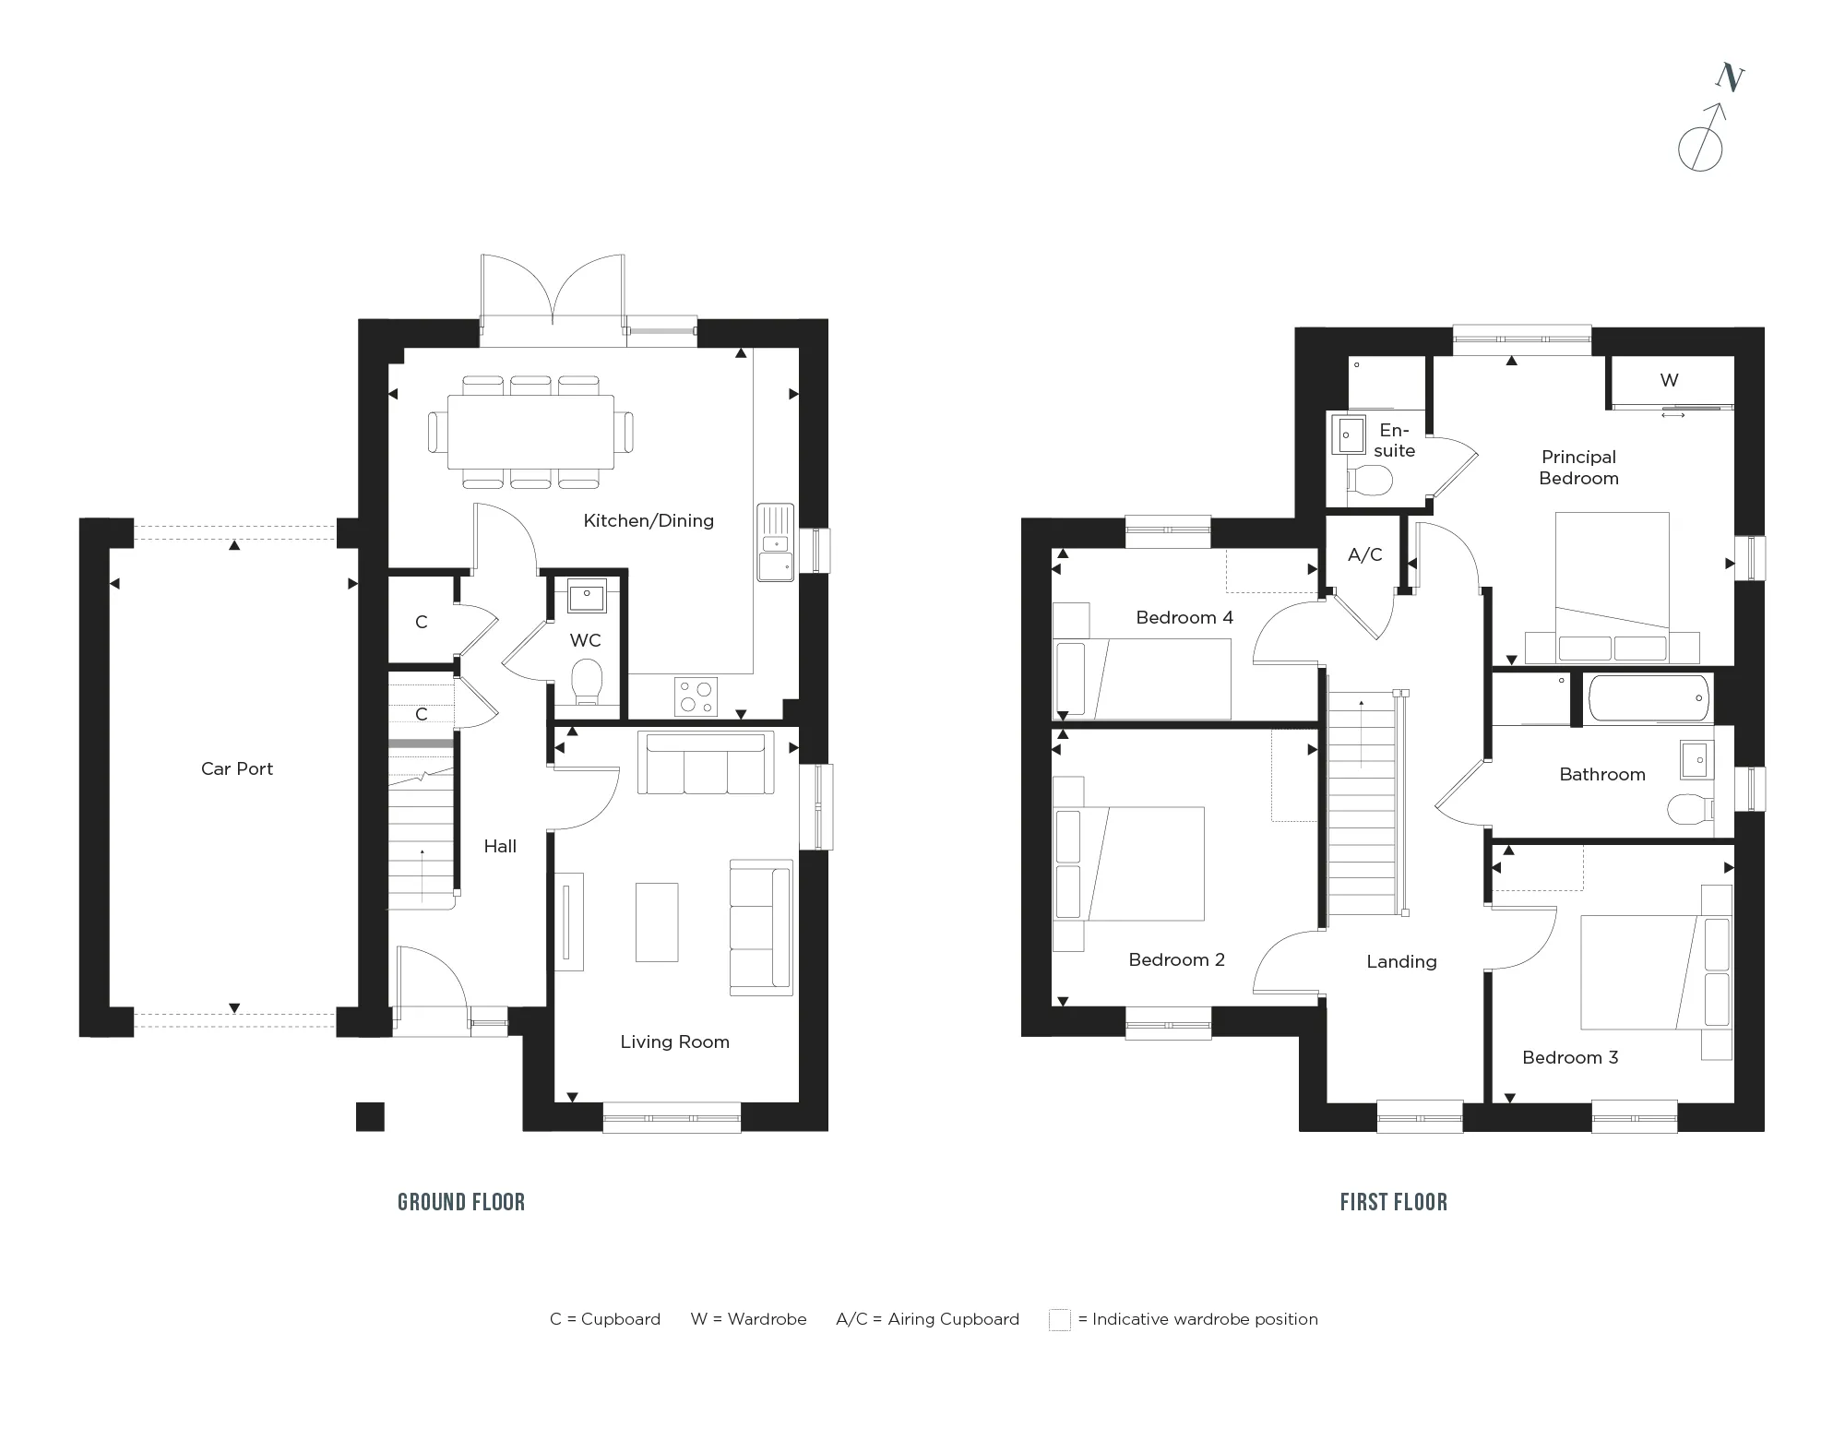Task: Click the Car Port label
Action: [x=237, y=768]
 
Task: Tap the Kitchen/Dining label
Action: [x=649, y=520]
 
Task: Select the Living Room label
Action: [x=674, y=1041]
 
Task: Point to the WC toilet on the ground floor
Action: [x=587, y=682]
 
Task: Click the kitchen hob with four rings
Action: [x=696, y=696]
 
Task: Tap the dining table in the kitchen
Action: [x=531, y=432]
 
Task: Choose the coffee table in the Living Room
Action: [x=657, y=922]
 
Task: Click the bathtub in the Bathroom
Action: [x=1649, y=698]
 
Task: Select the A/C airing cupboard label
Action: [x=1364, y=554]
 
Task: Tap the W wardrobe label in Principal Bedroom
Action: [x=1669, y=380]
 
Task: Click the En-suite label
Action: [x=1394, y=440]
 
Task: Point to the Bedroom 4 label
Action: [x=1184, y=617]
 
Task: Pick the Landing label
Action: [x=1401, y=961]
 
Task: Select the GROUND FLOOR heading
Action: [x=461, y=1202]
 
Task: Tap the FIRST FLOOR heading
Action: [x=1394, y=1202]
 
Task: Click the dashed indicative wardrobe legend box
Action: [x=1060, y=1319]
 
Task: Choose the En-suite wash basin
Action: [x=1348, y=434]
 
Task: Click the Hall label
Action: [x=500, y=846]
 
